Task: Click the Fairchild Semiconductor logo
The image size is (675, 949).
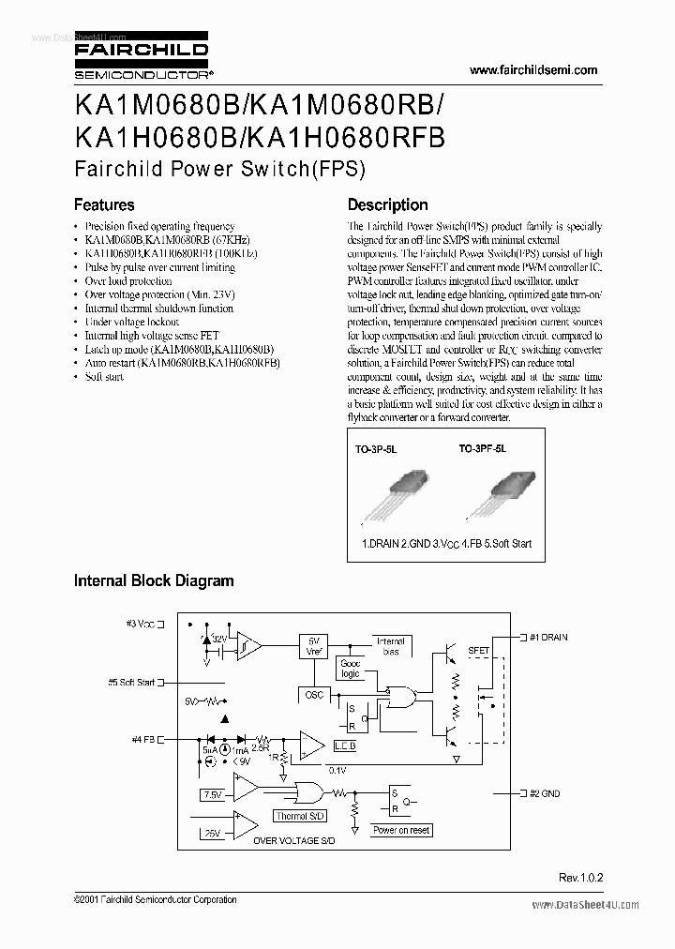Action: point(141,59)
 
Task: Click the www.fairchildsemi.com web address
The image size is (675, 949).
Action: point(532,70)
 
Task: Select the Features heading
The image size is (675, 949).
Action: point(104,204)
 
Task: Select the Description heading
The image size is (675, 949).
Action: point(387,204)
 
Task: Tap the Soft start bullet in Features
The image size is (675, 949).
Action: point(104,376)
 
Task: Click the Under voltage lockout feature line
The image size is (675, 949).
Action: point(131,322)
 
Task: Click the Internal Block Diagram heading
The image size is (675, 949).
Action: point(154,580)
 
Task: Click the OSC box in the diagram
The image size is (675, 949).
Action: point(313,695)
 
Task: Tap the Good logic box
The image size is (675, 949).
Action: point(350,669)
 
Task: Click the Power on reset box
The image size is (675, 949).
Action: point(401,830)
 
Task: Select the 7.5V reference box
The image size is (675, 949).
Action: point(213,794)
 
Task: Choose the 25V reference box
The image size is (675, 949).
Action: point(213,832)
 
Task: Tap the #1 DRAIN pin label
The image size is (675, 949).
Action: point(548,638)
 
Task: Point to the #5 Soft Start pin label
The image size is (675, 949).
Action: point(131,683)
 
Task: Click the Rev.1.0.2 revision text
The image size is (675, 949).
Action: point(580,878)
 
